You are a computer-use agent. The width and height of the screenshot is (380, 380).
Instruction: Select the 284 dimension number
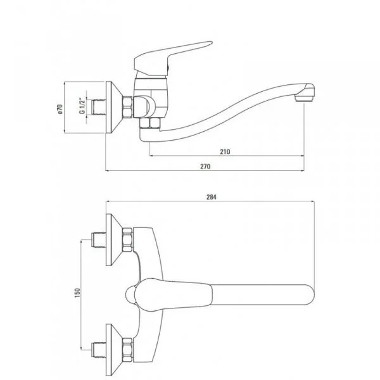tap(212, 197)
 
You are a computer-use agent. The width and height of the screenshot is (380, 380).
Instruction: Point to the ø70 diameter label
tap(58, 109)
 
